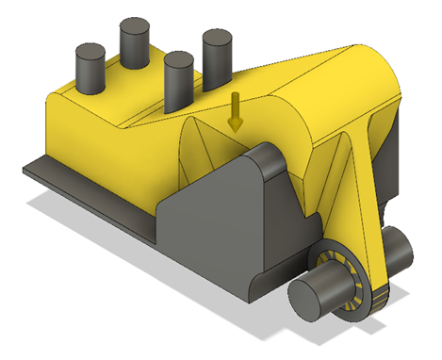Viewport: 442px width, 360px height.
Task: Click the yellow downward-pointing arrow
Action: (x=235, y=112)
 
